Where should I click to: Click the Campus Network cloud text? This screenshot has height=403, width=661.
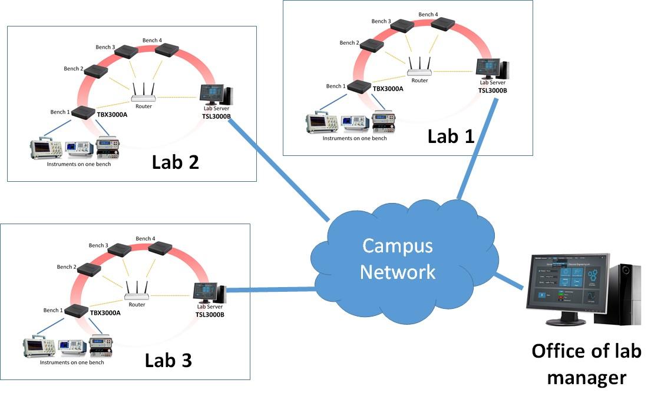click(x=398, y=259)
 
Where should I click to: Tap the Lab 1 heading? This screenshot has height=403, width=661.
click(x=451, y=136)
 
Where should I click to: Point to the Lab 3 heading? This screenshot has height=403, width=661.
click(x=168, y=360)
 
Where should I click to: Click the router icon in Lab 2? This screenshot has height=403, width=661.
click(x=143, y=91)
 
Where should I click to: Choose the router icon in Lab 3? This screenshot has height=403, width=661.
click(x=137, y=289)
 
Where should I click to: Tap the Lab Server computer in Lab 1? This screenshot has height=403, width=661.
click(x=492, y=69)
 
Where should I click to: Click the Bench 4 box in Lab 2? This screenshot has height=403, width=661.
click(x=167, y=50)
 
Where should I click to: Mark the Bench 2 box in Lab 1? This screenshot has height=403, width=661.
click(x=371, y=46)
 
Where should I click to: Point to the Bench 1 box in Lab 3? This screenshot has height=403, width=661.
click(x=75, y=311)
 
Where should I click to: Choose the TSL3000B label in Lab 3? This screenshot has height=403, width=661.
click(x=210, y=314)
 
